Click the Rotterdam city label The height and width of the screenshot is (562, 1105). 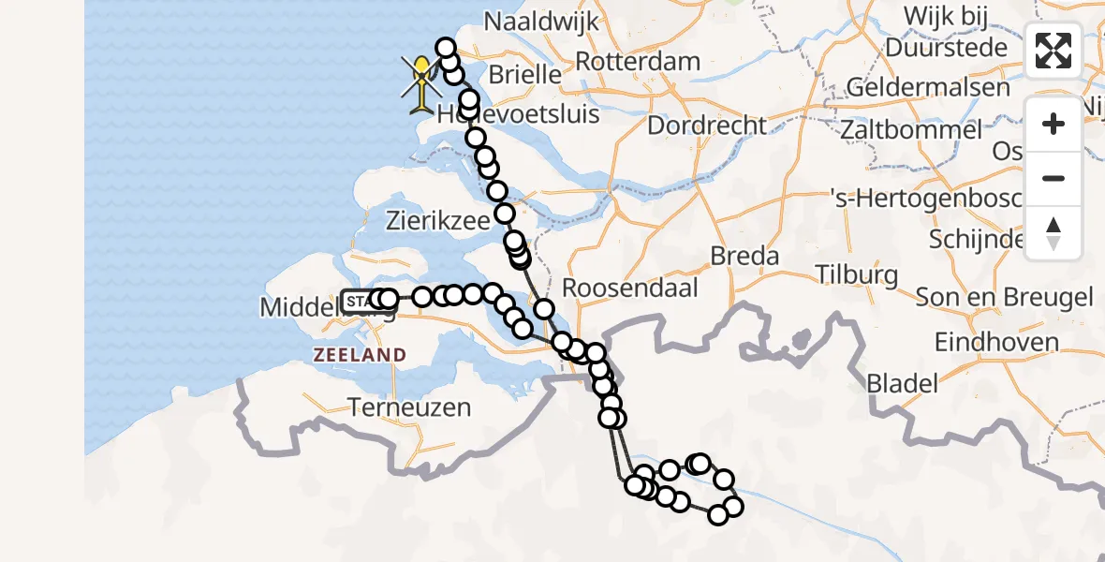tap(638, 62)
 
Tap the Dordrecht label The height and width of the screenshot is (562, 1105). tap(707, 125)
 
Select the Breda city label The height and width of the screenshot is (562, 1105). tap(744, 256)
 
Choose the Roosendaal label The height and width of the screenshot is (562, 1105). tap(631, 288)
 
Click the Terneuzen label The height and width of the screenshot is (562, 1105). tap(408, 407)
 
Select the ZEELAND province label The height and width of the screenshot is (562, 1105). tap(361, 355)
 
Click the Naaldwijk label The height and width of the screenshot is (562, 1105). tap(537, 20)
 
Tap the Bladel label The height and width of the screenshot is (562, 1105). tap(902, 382)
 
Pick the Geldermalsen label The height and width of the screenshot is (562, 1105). tap(928, 88)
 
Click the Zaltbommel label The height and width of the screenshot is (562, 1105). tap(910, 130)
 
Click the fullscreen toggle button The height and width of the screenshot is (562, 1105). tap(1053, 51)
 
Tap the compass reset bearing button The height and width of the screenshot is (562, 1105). tap(1053, 232)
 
